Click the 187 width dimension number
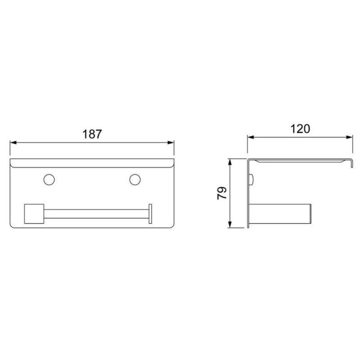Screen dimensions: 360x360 point(92,134)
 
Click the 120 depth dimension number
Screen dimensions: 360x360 point(300,129)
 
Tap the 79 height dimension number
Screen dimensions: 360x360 point(222,193)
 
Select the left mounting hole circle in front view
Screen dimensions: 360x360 point(49,180)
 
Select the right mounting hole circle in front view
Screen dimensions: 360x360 point(135,180)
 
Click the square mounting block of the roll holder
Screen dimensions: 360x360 point(34,214)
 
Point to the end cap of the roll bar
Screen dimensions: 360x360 point(150,213)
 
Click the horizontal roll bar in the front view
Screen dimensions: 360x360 point(96,214)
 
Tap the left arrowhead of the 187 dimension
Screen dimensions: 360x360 point(13,143)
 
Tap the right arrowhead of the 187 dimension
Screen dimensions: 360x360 point(171,143)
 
